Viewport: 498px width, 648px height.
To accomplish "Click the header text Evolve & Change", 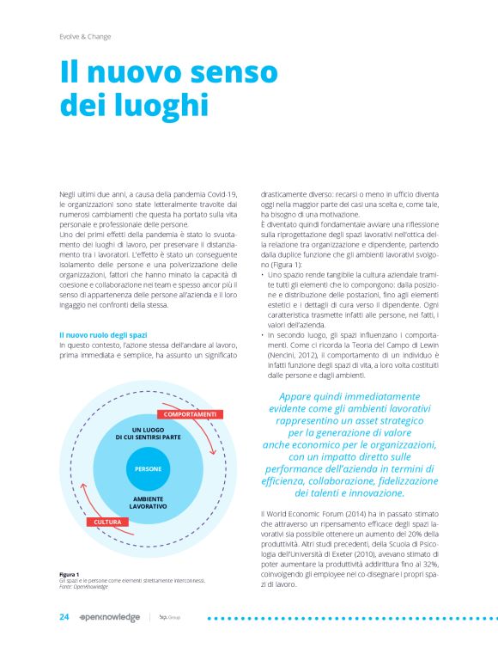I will (85, 36).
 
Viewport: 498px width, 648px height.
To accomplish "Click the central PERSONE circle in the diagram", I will (148, 468).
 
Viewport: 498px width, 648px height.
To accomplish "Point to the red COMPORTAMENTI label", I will (191, 414).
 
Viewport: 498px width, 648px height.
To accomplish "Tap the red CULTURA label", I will (106, 522).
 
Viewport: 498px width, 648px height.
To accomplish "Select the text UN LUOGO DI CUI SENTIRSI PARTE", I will (149, 433).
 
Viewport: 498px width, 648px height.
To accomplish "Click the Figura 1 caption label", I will (69, 573).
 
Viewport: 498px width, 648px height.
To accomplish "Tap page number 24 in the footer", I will (64, 616).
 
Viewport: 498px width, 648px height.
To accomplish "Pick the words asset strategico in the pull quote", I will (391, 421).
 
